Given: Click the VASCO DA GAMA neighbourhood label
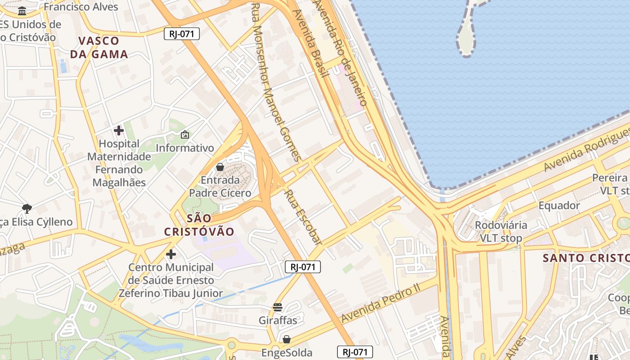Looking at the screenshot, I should [99, 47].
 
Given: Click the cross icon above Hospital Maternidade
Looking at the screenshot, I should [119, 130].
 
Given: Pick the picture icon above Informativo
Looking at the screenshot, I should [184, 134].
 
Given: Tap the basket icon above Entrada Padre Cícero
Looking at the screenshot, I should [220, 167].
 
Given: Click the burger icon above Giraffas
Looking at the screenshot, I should [278, 307].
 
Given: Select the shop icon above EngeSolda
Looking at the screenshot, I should [286, 339].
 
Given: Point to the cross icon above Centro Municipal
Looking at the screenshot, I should [171, 254].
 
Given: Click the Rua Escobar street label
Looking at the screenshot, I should [303, 217].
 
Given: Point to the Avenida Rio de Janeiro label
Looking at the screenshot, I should [341, 52].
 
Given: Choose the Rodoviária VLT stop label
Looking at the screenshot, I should [501, 232].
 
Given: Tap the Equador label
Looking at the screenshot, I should [559, 206].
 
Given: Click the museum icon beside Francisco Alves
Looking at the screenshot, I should [22, 10].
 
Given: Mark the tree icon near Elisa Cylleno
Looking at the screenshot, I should [27, 208].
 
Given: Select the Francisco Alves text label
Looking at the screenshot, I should [81, 7].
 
